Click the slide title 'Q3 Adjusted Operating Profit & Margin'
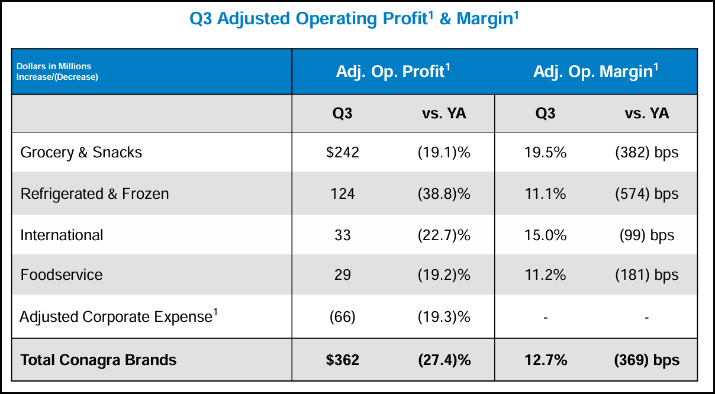click(354, 19)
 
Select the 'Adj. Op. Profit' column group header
click(393, 72)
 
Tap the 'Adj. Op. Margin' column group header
click(595, 72)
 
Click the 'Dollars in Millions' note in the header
click(54, 66)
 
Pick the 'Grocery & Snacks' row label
click(81, 153)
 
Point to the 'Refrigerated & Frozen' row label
click(95, 194)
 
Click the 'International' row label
click(62, 235)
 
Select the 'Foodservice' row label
click(62, 275)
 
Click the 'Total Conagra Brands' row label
click(98, 360)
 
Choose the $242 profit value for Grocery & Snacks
click(342, 153)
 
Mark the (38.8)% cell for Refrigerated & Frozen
click(443, 194)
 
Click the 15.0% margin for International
click(545, 235)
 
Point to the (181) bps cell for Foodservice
click(646, 275)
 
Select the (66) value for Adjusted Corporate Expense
click(342, 317)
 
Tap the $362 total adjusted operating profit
click(342, 360)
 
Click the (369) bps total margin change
click(646, 360)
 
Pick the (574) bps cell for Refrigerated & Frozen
click(646, 194)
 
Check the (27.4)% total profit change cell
click(443, 360)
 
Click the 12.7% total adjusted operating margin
click(545, 360)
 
